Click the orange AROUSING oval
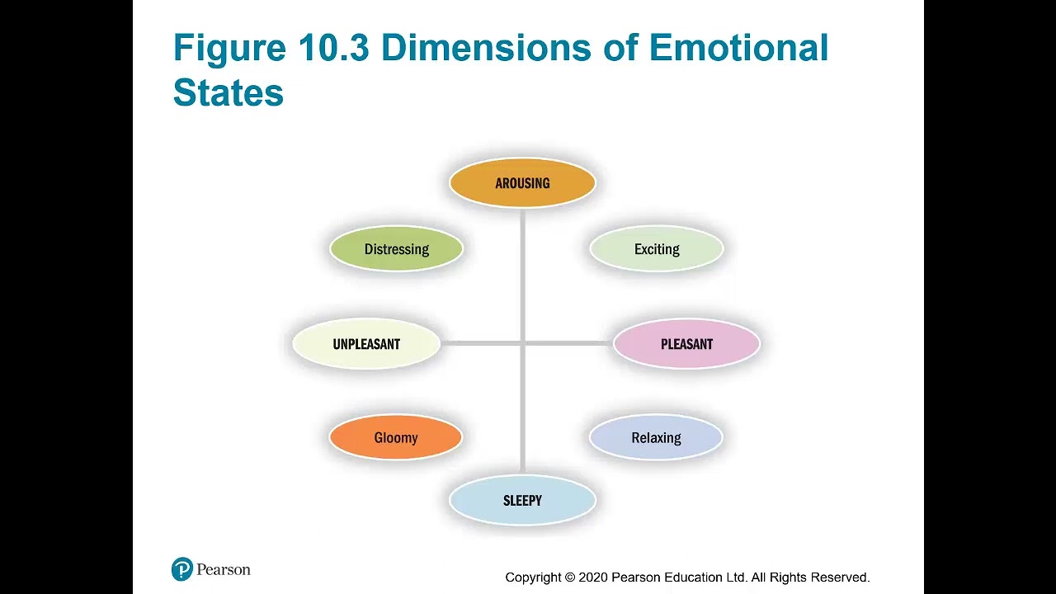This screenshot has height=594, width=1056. coord(522,183)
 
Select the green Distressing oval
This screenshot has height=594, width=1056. coord(396,249)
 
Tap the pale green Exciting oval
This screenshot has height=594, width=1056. coord(657,249)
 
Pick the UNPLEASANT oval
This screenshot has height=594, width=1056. coord(366,344)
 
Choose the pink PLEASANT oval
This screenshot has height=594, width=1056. coord(686,344)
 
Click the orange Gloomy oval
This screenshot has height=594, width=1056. coord(395,437)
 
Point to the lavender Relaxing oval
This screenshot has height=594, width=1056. coord(656,437)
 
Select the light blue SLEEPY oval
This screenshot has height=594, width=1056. coord(522,501)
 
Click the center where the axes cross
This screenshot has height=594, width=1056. coord(523,342)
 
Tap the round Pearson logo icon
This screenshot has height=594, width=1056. coord(182,569)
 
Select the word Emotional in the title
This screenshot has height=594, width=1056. coord(738,49)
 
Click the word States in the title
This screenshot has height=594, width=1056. coord(228,93)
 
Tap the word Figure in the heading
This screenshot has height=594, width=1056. coord(229,49)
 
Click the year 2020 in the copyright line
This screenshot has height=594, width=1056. coord(593,577)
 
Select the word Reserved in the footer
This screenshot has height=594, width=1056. coord(840,577)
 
